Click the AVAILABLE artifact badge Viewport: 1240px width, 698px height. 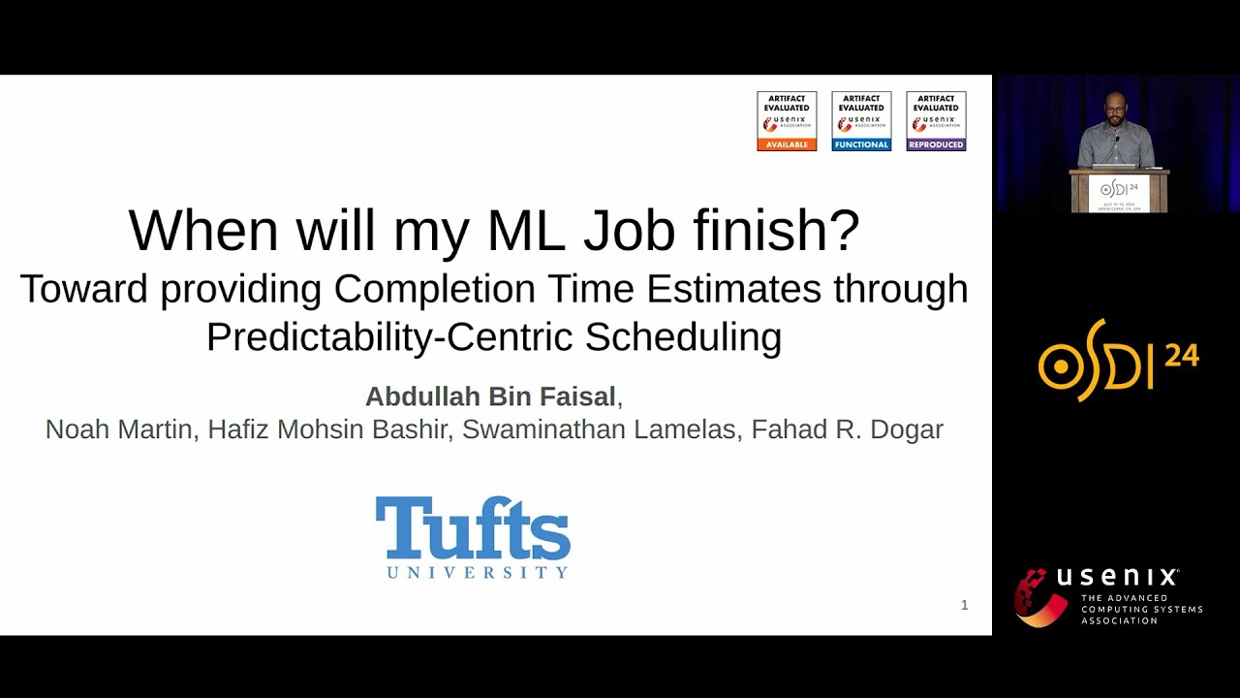click(x=787, y=121)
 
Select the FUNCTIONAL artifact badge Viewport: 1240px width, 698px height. click(x=861, y=121)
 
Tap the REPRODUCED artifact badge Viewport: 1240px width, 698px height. click(x=936, y=121)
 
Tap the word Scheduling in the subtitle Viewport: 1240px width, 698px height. click(x=683, y=336)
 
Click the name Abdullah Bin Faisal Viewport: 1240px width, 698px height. click(x=490, y=397)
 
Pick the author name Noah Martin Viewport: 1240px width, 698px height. click(x=119, y=429)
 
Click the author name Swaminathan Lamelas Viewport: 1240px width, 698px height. click(x=599, y=429)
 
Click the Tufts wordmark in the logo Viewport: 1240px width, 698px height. click(x=473, y=528)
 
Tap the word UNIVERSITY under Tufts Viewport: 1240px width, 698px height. click(x=478, y=572)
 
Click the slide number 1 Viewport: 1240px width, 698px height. click(x=964, y=605)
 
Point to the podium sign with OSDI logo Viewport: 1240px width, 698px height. click(x=1119, y=192)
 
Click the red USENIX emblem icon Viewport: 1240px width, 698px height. click(x=1039, y=597)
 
